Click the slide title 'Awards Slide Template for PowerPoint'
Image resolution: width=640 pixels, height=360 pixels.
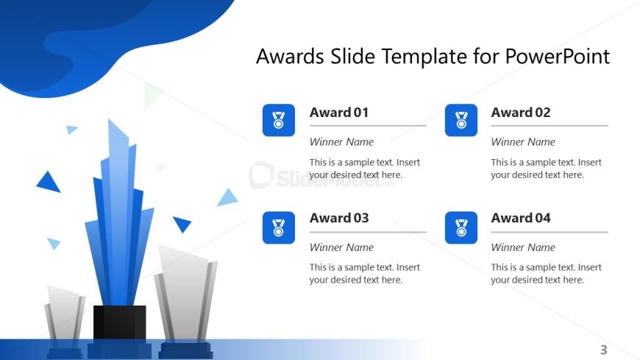433,57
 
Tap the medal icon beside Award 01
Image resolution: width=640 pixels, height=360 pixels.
278,120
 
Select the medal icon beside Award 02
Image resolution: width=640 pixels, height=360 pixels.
461,120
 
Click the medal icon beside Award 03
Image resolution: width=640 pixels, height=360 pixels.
278,227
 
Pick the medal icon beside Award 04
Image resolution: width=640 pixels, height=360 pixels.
461,227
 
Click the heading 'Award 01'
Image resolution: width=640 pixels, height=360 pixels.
339,113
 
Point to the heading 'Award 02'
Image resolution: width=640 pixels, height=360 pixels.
521,113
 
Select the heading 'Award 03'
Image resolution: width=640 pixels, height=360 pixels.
339,218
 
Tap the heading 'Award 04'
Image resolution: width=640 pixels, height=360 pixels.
521,218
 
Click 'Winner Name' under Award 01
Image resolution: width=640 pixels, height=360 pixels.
341,142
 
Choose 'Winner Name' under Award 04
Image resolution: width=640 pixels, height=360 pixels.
523,247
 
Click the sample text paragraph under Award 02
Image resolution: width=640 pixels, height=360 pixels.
546,169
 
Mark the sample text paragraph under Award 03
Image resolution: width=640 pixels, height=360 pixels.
364,274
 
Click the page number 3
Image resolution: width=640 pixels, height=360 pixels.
604,350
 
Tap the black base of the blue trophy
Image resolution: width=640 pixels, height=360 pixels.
119,324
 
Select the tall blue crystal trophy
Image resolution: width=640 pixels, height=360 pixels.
118,221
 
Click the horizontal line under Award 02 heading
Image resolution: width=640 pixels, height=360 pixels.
549,126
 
